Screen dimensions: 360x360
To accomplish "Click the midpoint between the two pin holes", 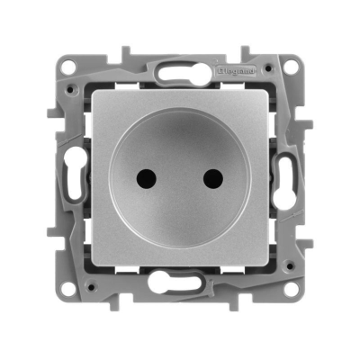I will tap(180, 178).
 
